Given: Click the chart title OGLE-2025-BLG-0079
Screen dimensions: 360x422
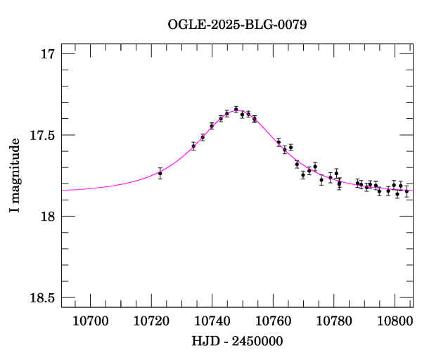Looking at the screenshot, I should (237, 24).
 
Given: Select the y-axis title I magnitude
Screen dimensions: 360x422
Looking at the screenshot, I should (14, 176).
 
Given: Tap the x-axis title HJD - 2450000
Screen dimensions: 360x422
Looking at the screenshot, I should (237, 341).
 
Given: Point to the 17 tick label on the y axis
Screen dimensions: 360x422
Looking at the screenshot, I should (48, 54).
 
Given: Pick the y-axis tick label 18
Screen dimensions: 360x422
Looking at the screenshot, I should (48, 217).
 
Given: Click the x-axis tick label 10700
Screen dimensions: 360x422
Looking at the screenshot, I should (91, 321).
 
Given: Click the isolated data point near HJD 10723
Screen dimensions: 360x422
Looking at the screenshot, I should (160, 173).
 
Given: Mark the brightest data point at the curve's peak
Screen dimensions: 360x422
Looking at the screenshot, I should (236, 109).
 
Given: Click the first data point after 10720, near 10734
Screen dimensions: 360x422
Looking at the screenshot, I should (193, 146).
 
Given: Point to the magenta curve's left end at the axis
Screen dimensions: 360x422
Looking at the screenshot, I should (63, 190).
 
